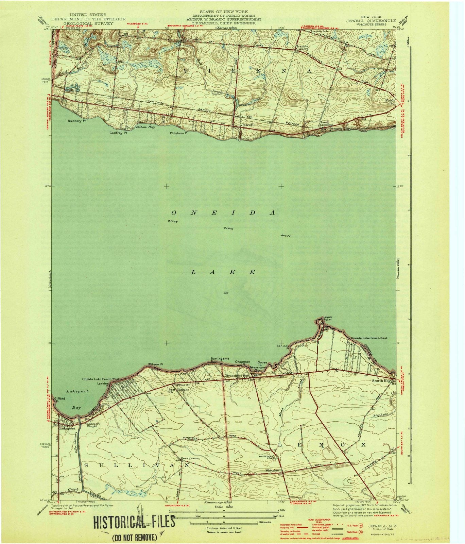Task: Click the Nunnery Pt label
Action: click(x=75, y=121)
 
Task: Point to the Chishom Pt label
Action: click(x=179, y=133)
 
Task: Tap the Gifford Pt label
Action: click(x=60, y=400)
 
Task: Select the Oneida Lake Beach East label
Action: click(x=364, y=338)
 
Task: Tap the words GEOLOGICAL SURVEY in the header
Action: click(x=91, y=24)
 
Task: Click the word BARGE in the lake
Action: click(x=173, y=221)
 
